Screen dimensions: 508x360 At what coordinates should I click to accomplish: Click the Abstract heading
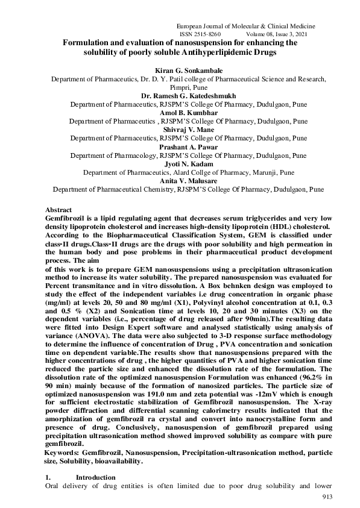point(58,209)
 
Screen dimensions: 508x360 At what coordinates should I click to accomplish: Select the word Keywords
point(63,452)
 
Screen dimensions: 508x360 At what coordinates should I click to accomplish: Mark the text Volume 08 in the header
point(261,36)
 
